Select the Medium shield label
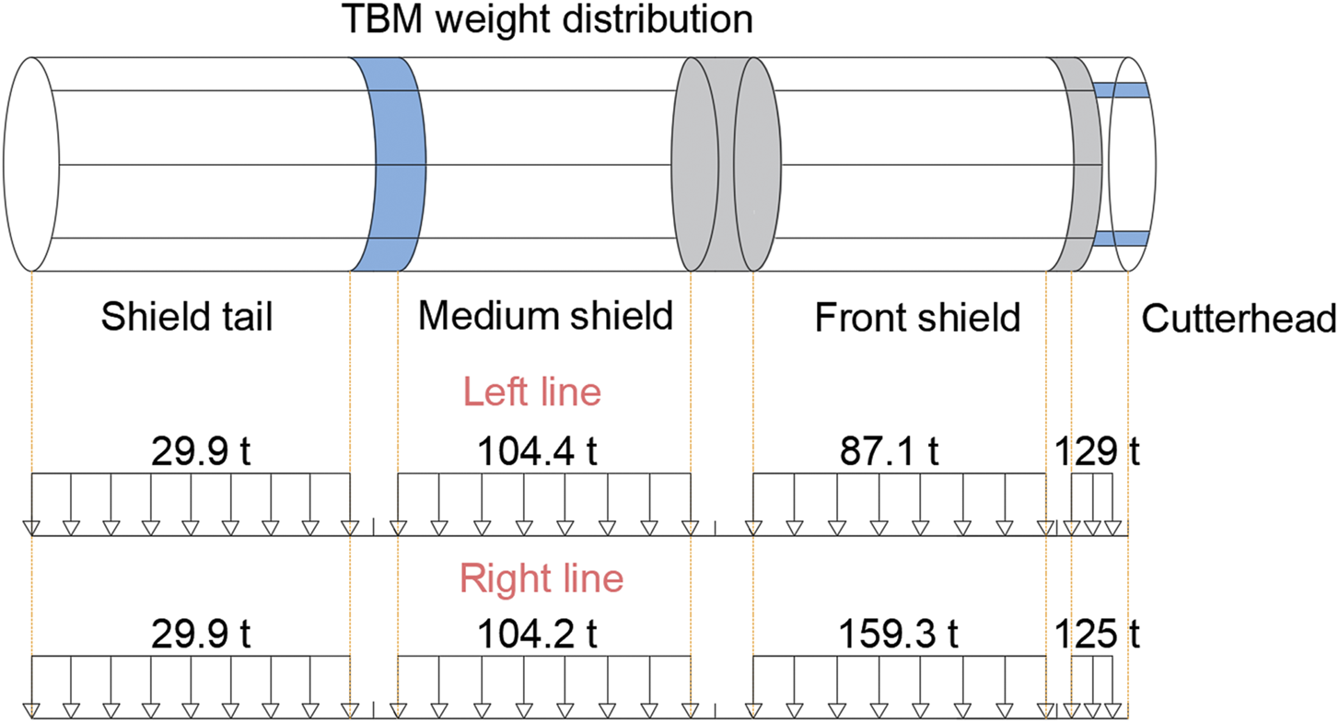pyautogui.click(x=545, y=317)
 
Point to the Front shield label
pyautogui.click(x=918, y=319)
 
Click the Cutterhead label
pyautogui.click(x=1239, y=320)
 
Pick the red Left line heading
pyautogui.click(x=532, y=392)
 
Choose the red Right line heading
pyautogui.click(x=541, y=579)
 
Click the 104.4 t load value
pyautogui.click(x=538, y=452)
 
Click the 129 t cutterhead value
pyautogui.click(x=1098, y=452)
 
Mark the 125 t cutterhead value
pyautogui.click(x=1098, y=636)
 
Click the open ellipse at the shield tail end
pyautogui.click(x=32, y=164)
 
